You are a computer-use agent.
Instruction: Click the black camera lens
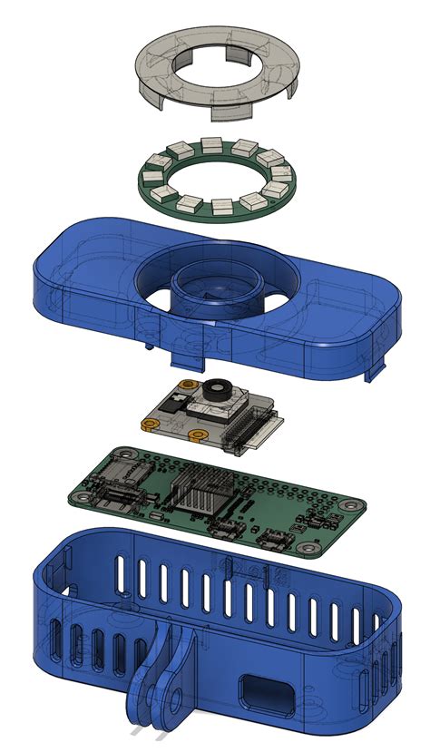[215, 391]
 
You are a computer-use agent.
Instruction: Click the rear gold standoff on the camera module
[186, 386]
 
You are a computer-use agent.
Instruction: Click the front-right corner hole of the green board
[313, 549]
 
